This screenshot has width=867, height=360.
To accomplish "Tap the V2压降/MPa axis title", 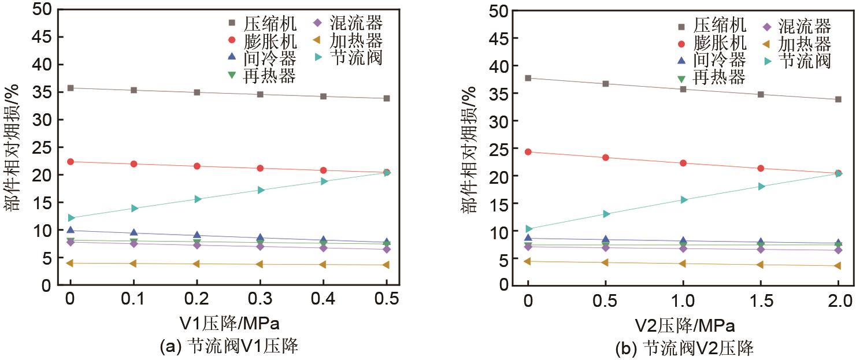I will click(x=683, y=324).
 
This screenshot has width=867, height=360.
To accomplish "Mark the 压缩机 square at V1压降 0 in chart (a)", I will click(x=71, y=88).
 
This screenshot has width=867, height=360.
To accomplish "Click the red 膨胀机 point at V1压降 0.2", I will click(x=197, y=166).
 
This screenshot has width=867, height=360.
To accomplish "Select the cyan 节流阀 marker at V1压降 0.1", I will click(x=134, y=208).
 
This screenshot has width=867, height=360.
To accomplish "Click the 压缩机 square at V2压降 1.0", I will click(x=683, y=89).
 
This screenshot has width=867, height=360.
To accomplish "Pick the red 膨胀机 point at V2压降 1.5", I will click(x=761, y=169).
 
